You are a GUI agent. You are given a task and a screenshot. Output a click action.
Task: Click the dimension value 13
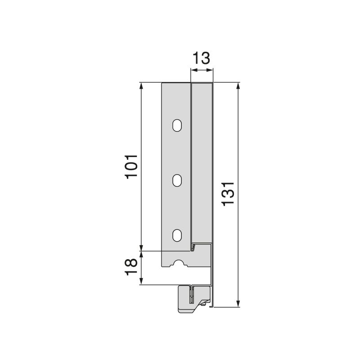pos(201,58)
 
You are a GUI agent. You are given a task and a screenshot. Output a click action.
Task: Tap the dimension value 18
pos(131,268)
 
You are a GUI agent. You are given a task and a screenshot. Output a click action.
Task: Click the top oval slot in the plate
pos(177,125)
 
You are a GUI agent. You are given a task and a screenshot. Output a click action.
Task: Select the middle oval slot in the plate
pos(177,180)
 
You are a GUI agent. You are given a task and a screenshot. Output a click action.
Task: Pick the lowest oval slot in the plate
pos(177,235)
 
